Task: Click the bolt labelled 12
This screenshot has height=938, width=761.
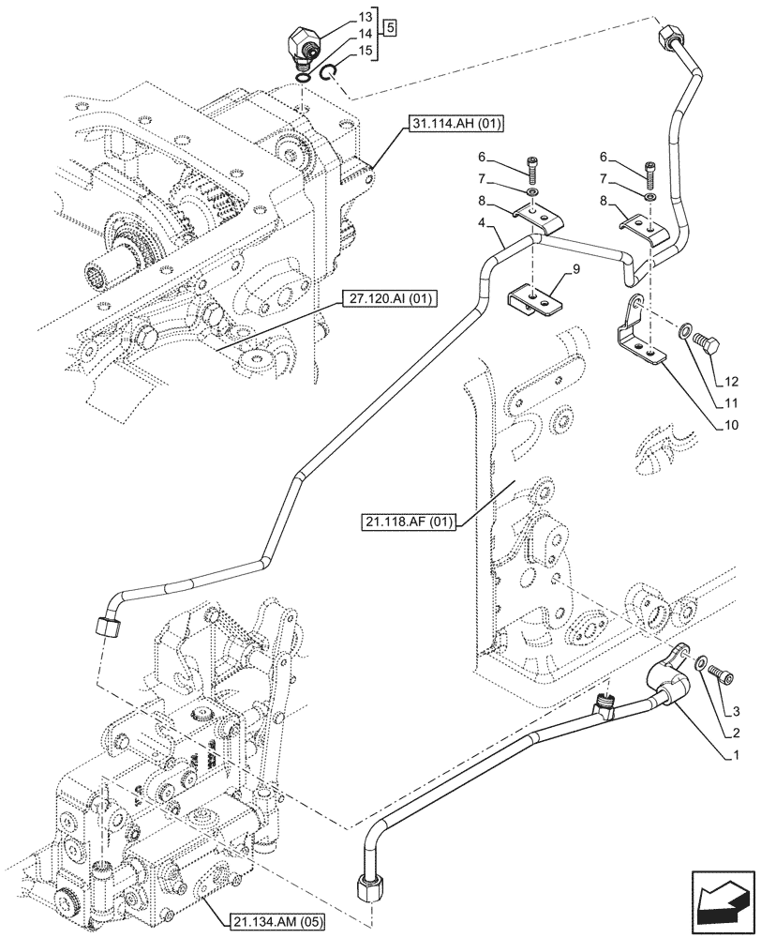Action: (706, 350)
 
